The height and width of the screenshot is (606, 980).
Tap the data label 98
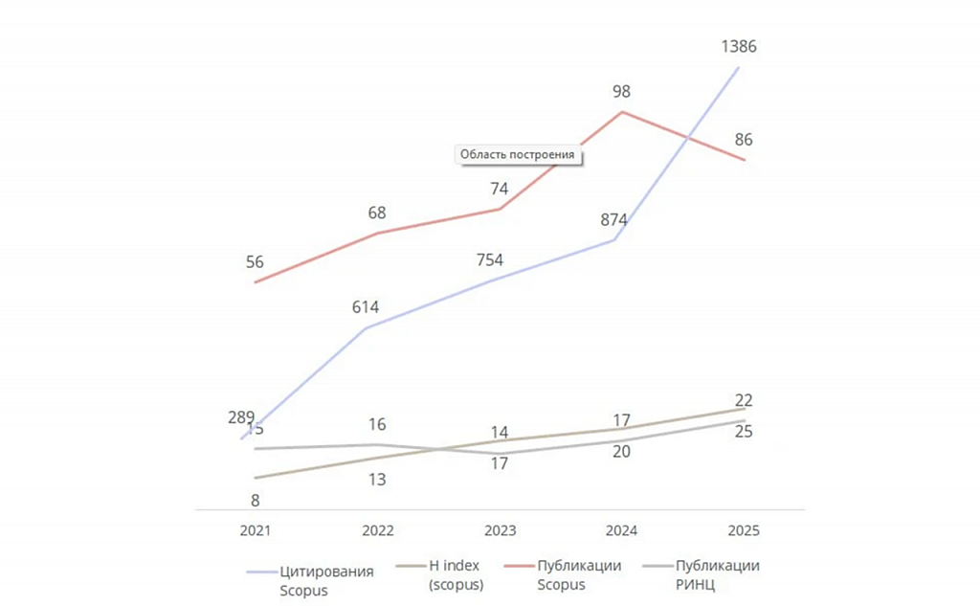pyautogui.click(x=622, y=91)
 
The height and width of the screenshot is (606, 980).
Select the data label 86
pyautogui.click(x=744, y=140)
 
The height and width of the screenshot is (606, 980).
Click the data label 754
pyautogui.click(x=489, y=260)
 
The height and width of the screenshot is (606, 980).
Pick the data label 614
pyautogui.click(x=365, y=307)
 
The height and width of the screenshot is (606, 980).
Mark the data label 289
pyautogui.click(x=241, y=416)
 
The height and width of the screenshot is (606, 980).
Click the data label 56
pyautogui.click(x=255, y=262)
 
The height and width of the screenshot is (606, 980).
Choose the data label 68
pyautogui.click(x=377, y=213)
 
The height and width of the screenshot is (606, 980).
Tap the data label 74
pyautogui.click(x=499, y=189)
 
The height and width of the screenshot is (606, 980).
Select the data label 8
pyautogui.click(x=256, y=500)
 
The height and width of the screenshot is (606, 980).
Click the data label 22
pyautogui.click(x=744, y=400)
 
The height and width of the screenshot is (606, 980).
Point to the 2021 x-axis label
pyautogui.click(x=256, y=530)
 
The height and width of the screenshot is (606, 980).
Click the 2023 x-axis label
pyautogui.click(x=500, y=530)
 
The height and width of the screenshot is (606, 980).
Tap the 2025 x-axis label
pyautogui.click(x=744, y=530)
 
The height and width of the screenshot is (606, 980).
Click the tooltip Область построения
pyautogui.click(x=518, y=154)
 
